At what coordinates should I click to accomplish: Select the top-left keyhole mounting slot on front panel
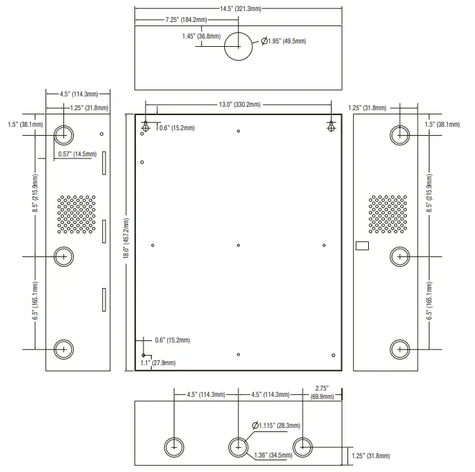146,126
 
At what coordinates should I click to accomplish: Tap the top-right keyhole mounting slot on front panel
331,126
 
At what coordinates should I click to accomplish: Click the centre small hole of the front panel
238,245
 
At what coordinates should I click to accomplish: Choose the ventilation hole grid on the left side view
77,213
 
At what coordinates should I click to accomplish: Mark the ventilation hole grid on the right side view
387,213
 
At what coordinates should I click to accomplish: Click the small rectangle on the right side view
362,246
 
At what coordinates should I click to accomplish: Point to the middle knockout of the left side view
63,256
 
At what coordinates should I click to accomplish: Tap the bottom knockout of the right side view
400,349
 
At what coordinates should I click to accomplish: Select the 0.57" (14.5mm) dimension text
77,154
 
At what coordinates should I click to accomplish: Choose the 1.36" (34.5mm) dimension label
272,455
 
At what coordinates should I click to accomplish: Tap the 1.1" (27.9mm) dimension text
158,362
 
